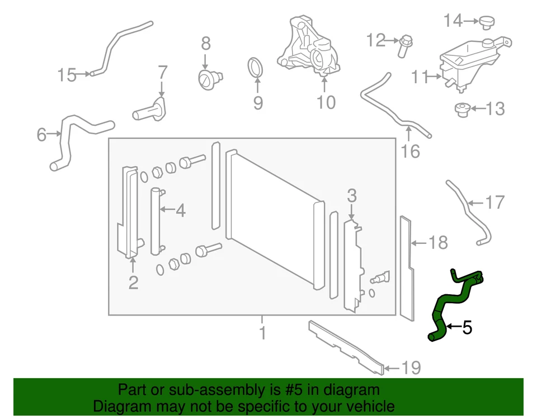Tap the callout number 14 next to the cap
pos(453,21)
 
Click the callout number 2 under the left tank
pos(133,283)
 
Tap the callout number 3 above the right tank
pos(351,196)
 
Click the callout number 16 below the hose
pos(411,151)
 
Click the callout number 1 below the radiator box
pos(262,334)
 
